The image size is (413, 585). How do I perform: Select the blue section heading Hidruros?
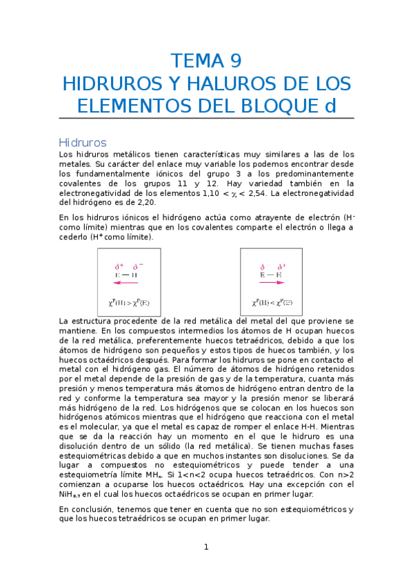[83, 142]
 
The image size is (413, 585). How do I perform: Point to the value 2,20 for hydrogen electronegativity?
[145, 203]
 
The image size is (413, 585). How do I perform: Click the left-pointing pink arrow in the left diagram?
[126, 282]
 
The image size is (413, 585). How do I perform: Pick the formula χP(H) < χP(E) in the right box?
[271, 301]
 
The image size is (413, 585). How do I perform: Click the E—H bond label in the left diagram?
[126, 275]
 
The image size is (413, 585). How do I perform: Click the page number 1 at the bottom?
[205, 548]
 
